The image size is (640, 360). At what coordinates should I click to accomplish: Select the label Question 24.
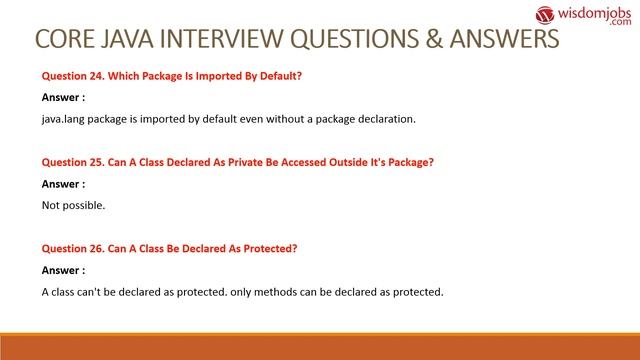click(76, 75)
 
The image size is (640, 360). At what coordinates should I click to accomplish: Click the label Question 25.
click(76, 162)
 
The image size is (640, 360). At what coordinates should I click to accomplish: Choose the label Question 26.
click(76, 249)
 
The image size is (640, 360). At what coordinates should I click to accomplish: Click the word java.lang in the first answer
click(65, 119)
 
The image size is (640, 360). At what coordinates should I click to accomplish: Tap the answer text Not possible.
click(73, 206)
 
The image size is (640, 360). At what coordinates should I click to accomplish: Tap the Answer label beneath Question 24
click(63, 97)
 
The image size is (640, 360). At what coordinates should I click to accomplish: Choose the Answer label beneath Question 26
click(63, 271)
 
